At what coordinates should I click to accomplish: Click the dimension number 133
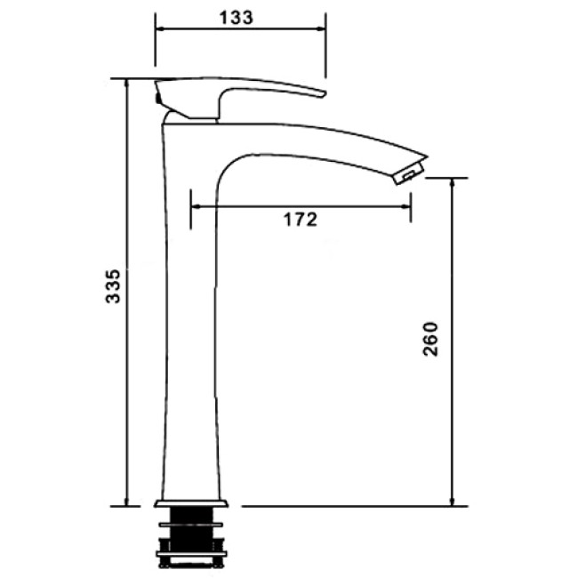click(x=237, y=18)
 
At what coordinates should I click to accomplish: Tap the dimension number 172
click(x=300, y=220)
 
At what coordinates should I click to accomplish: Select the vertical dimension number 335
click(x=113, y=286)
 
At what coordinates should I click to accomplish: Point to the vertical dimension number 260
click(x=430, y=339)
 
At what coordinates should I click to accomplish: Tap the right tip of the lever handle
click(x=324, y=93)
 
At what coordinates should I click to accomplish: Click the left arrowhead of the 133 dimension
click(x=159, y=28)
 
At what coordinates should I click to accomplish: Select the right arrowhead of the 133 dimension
click(x=321, y=28)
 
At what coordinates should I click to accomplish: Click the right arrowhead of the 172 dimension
click(x=406, y=206)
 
